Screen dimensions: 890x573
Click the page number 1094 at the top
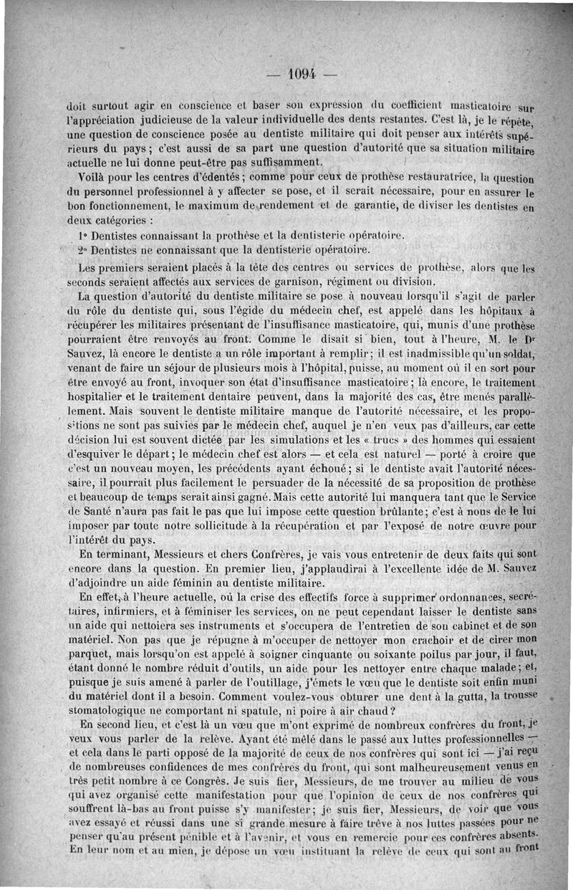click(x=301, y=74)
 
